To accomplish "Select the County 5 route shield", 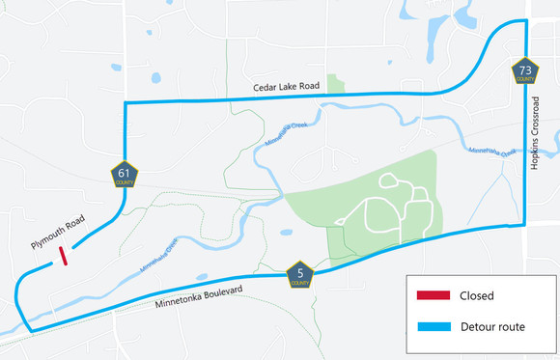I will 301,275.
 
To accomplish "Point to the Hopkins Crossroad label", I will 535,135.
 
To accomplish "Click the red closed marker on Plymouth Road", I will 64,256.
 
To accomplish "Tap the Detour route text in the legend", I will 493,327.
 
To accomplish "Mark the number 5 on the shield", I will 301,272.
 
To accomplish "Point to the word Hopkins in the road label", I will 535,156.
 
